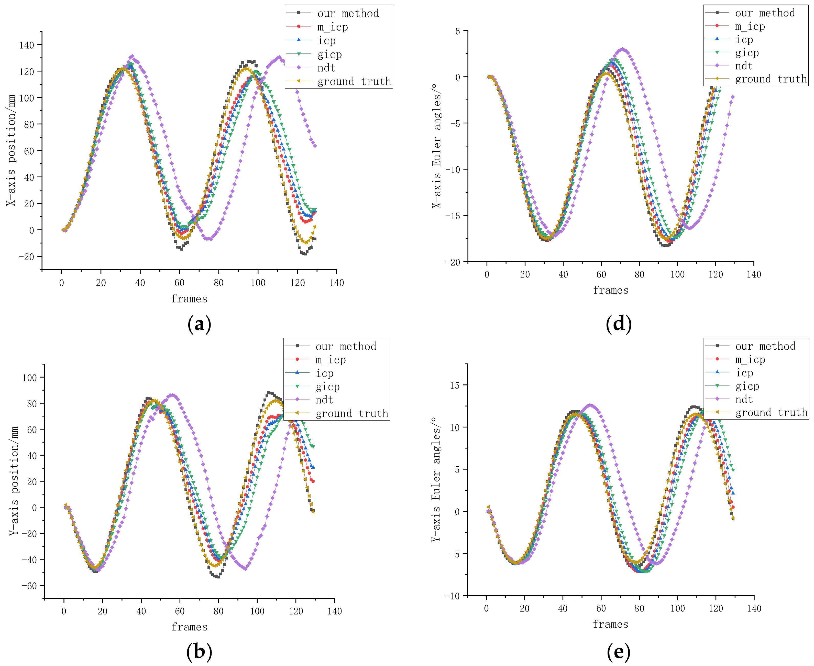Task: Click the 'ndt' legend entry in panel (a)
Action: tap(326, 68)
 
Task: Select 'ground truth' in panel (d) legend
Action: tap(771, 79)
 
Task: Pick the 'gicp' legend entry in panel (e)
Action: tap(747, 386)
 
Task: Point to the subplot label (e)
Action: tap(619, 651)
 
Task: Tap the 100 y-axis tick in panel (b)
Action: tap(29, 378)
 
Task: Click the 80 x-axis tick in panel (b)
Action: tap(218, 611)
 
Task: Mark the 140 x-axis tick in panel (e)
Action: tap(754, 608)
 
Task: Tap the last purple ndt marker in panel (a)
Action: tap(315, 146)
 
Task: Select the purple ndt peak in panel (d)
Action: tap(622, 49)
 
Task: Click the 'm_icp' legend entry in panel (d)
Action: tap(750, 26)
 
